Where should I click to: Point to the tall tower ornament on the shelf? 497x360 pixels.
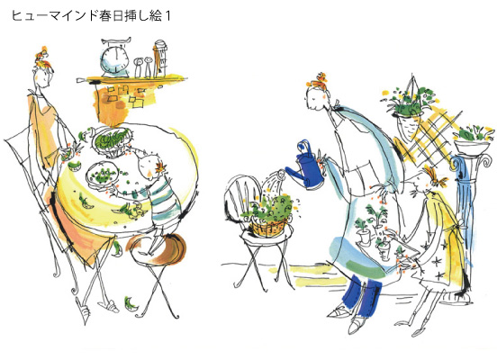pos(159,58)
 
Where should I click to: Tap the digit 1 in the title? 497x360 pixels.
pos(167,15)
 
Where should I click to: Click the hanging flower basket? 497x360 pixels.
pos(409,102)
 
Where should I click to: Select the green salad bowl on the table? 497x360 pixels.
pos(112,139)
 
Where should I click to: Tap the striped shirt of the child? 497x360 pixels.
pos(163,199)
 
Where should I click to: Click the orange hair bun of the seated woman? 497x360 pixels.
pos(42,59)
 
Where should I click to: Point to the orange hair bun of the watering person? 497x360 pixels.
pos(318,82)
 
